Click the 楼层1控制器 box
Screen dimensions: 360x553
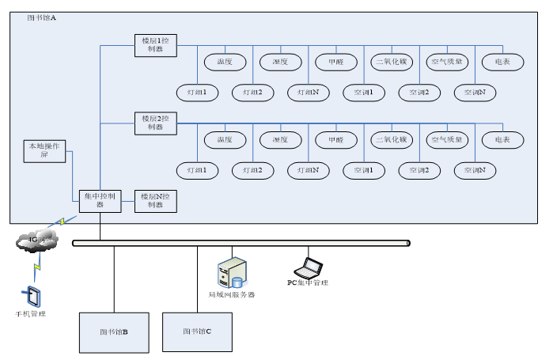[x=155, y=44]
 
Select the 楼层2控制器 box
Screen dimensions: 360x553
[x=155, y=123]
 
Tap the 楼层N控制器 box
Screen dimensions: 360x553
[x=155, y=200]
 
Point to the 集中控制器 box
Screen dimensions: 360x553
[x=100, y=200]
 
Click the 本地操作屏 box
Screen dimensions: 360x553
[x=44, y=150]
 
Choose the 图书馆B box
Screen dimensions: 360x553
[x=114, y=332]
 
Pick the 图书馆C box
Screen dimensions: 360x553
[x=197, y=332]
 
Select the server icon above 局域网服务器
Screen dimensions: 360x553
[x=231, y=271]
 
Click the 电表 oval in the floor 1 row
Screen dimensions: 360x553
[x=502, y=62]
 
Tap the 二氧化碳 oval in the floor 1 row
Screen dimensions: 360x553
[x=391, y=62]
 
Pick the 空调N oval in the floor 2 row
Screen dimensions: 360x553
[x=475, y=170]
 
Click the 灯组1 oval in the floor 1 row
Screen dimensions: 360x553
[x=197, y=93]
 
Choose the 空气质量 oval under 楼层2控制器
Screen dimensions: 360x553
[x=448, y=140]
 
